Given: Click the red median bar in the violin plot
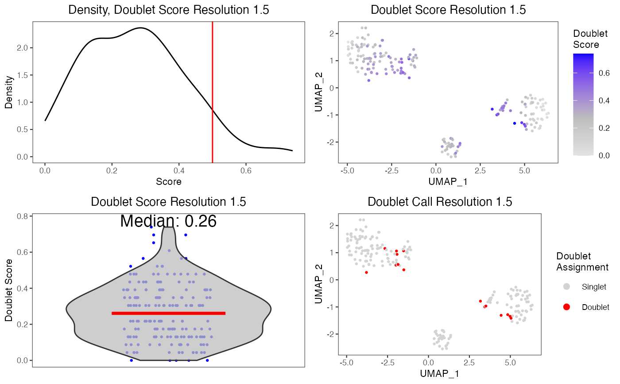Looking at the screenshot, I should click(168, 313).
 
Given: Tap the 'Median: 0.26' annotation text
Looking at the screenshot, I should click(168, 221).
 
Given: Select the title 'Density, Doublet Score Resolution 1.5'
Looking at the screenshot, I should click(168, 10).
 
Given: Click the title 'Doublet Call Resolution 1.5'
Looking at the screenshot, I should click(440, 202).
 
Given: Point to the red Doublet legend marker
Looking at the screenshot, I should click(566, 307).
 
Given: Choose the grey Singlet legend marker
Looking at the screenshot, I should click(566, 287).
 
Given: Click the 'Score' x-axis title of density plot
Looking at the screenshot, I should click(168, 181).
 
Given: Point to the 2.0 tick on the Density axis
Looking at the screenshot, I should click(27, 47).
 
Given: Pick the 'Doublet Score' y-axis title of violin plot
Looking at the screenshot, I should click(8, 290).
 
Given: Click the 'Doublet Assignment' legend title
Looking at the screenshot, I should click(582, 262).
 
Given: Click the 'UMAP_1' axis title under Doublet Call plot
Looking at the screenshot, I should click(440, 374).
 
